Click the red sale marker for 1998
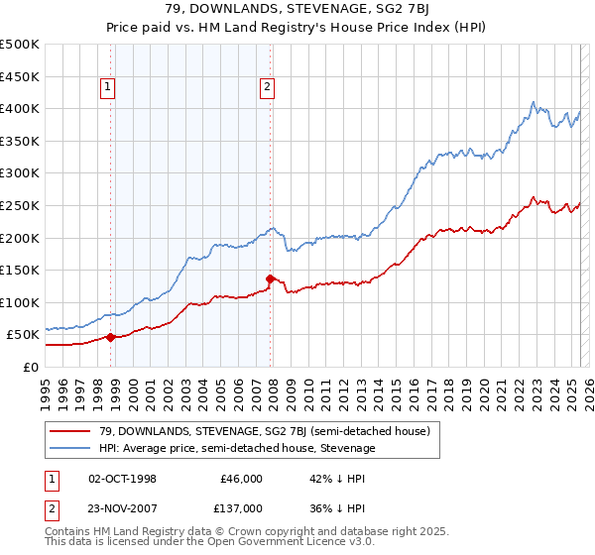click(x=110, y=337)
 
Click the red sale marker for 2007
click(x=270, y=278)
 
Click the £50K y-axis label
click(x=24, y=335)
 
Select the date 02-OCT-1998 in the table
click(x=123, y=479)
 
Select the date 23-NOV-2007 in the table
click(x=123, y=508)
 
